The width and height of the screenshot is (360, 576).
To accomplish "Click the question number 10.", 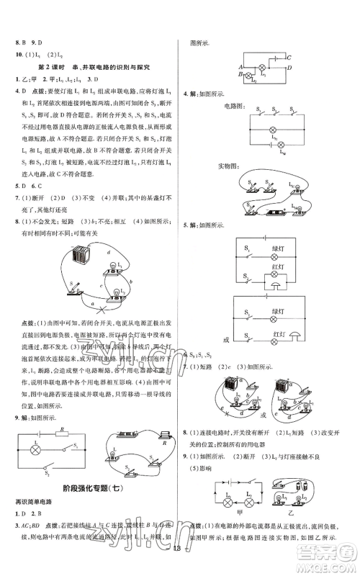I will [10, 53].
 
